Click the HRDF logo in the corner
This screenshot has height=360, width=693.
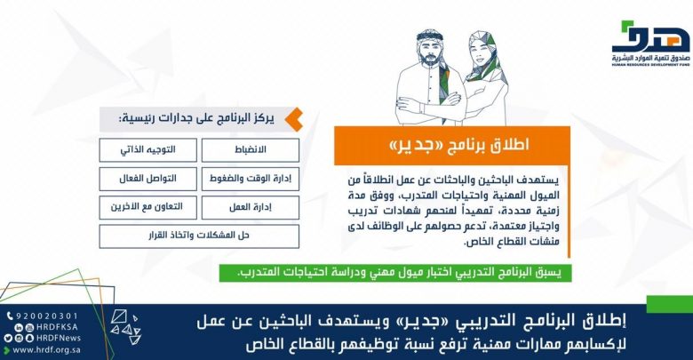coord(650,44)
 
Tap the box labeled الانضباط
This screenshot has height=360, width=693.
coord(251,150)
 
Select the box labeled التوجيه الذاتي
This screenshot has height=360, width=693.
coord(148,150)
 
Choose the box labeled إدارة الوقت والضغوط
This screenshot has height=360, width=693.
coord(251,179)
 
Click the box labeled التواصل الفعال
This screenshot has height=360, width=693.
coord(148,179)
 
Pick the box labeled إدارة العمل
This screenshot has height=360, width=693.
coord(251,207)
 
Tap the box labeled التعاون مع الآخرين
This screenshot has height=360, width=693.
coord(148,207)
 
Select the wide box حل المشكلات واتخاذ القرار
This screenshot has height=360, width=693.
coord(199,236)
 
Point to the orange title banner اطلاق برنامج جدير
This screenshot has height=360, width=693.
coord(452,145)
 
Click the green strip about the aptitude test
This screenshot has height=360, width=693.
coord(395,273)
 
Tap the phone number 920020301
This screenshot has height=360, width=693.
coord(47,316)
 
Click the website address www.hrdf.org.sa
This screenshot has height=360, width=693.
coord(46,350)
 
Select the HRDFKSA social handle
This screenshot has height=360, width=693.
coord(57,327)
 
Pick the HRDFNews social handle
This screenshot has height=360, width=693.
coord(59,339)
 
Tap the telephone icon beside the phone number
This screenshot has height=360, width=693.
coord(10,316)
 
